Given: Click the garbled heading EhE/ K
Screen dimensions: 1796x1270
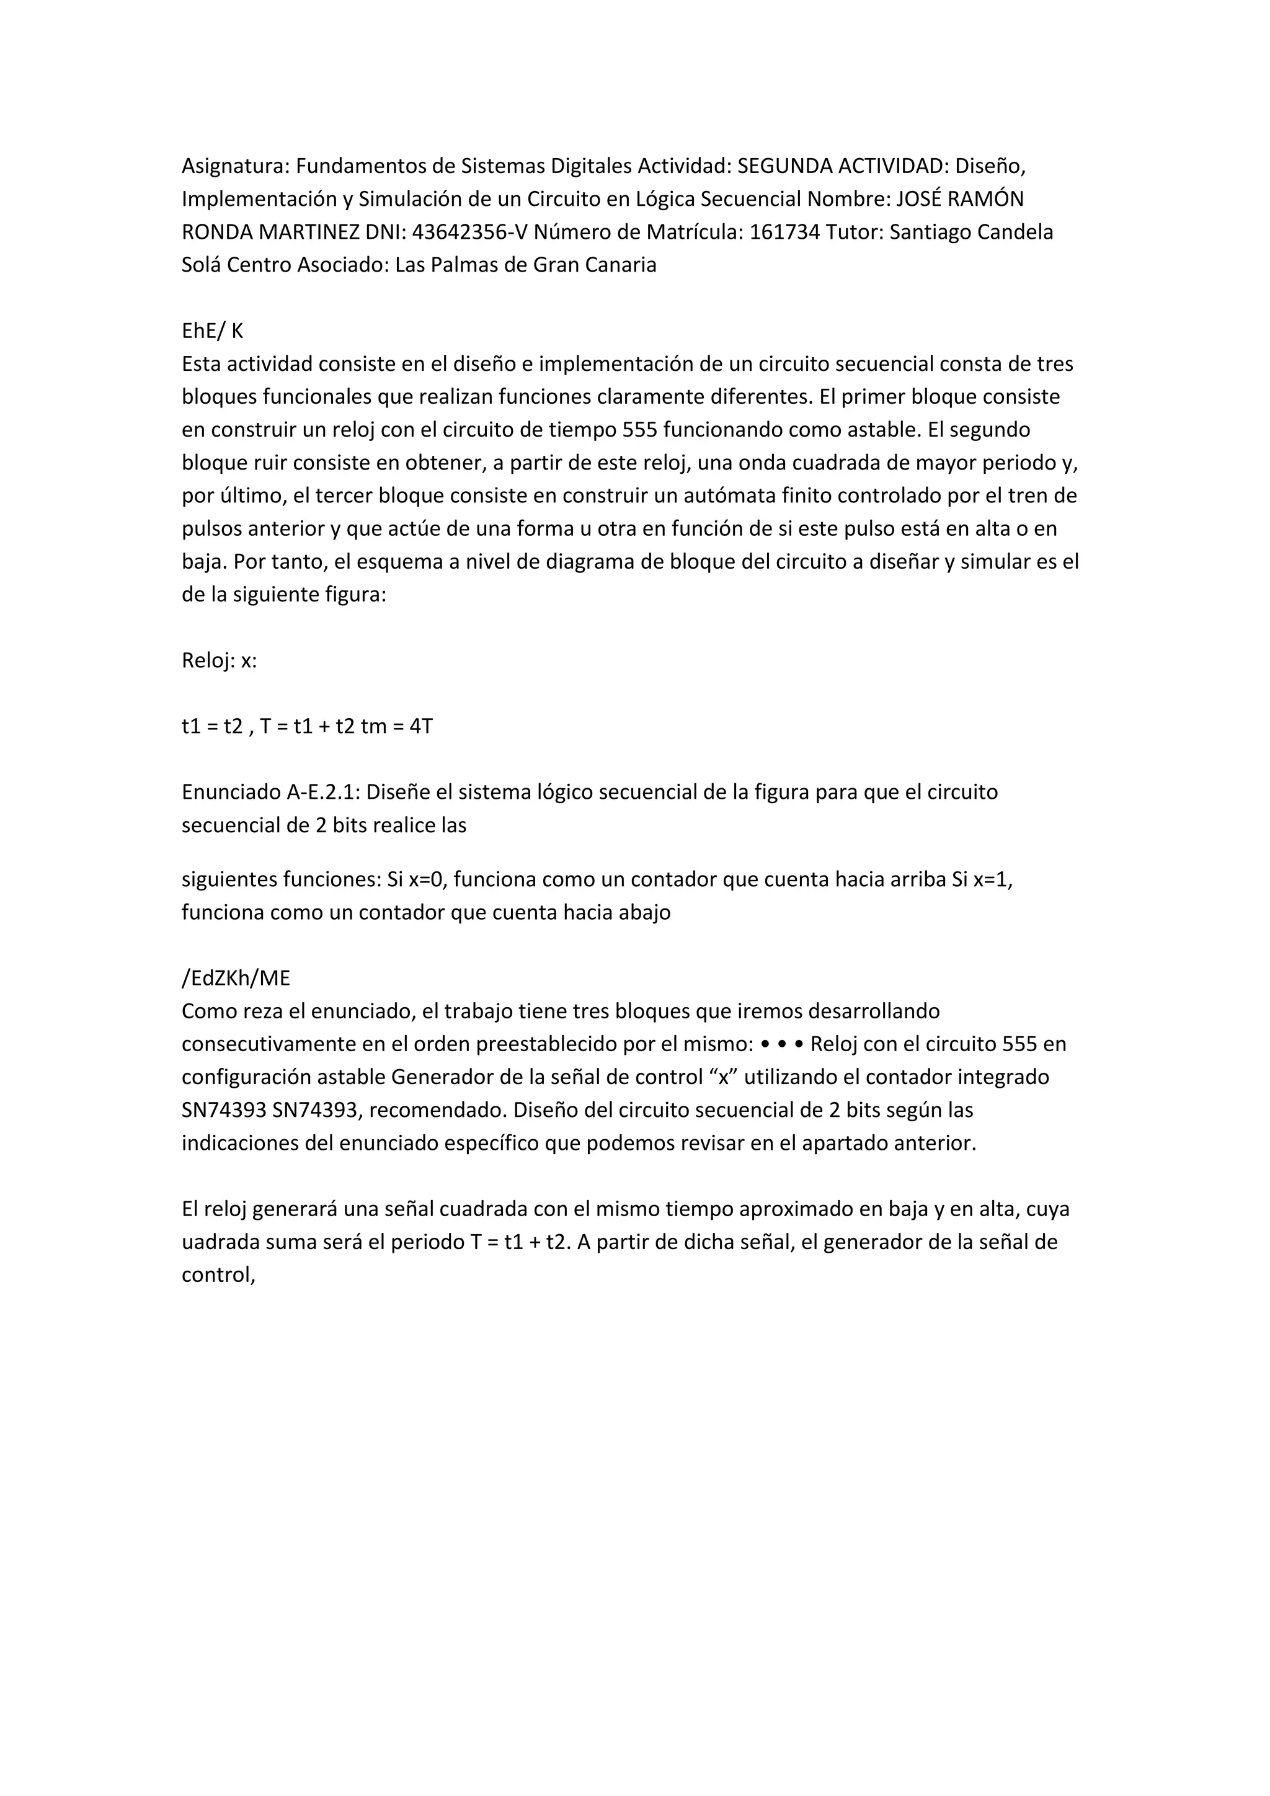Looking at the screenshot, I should click(212, 331).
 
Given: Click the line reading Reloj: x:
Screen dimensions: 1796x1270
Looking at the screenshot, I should click(219, 661).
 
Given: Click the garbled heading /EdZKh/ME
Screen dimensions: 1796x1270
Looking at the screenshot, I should click(236, 979).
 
